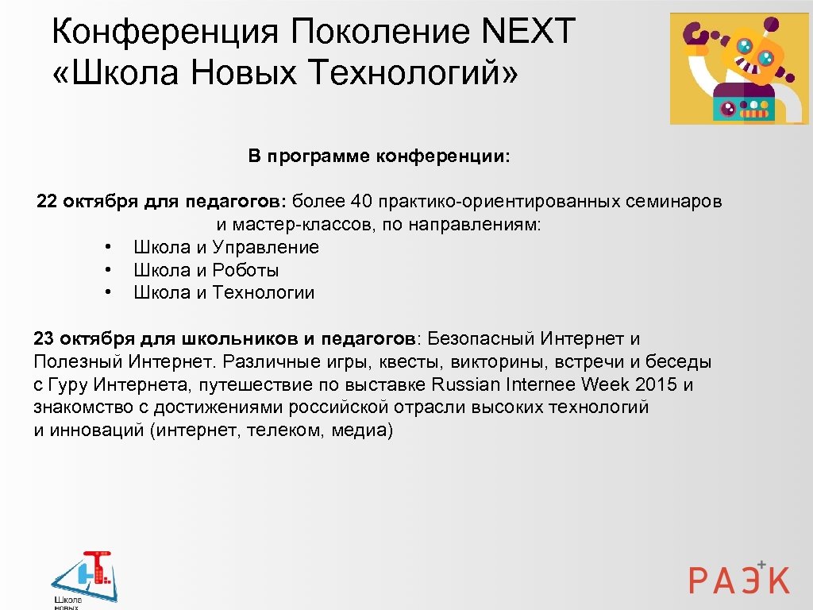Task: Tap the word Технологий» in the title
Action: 414,73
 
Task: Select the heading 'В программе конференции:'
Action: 380,156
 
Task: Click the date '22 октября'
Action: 87,202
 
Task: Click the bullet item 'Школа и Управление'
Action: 225,247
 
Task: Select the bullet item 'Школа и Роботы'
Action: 206,270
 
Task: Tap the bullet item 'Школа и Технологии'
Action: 224,293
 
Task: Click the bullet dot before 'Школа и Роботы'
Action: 107,271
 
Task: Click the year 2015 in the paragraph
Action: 657,385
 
